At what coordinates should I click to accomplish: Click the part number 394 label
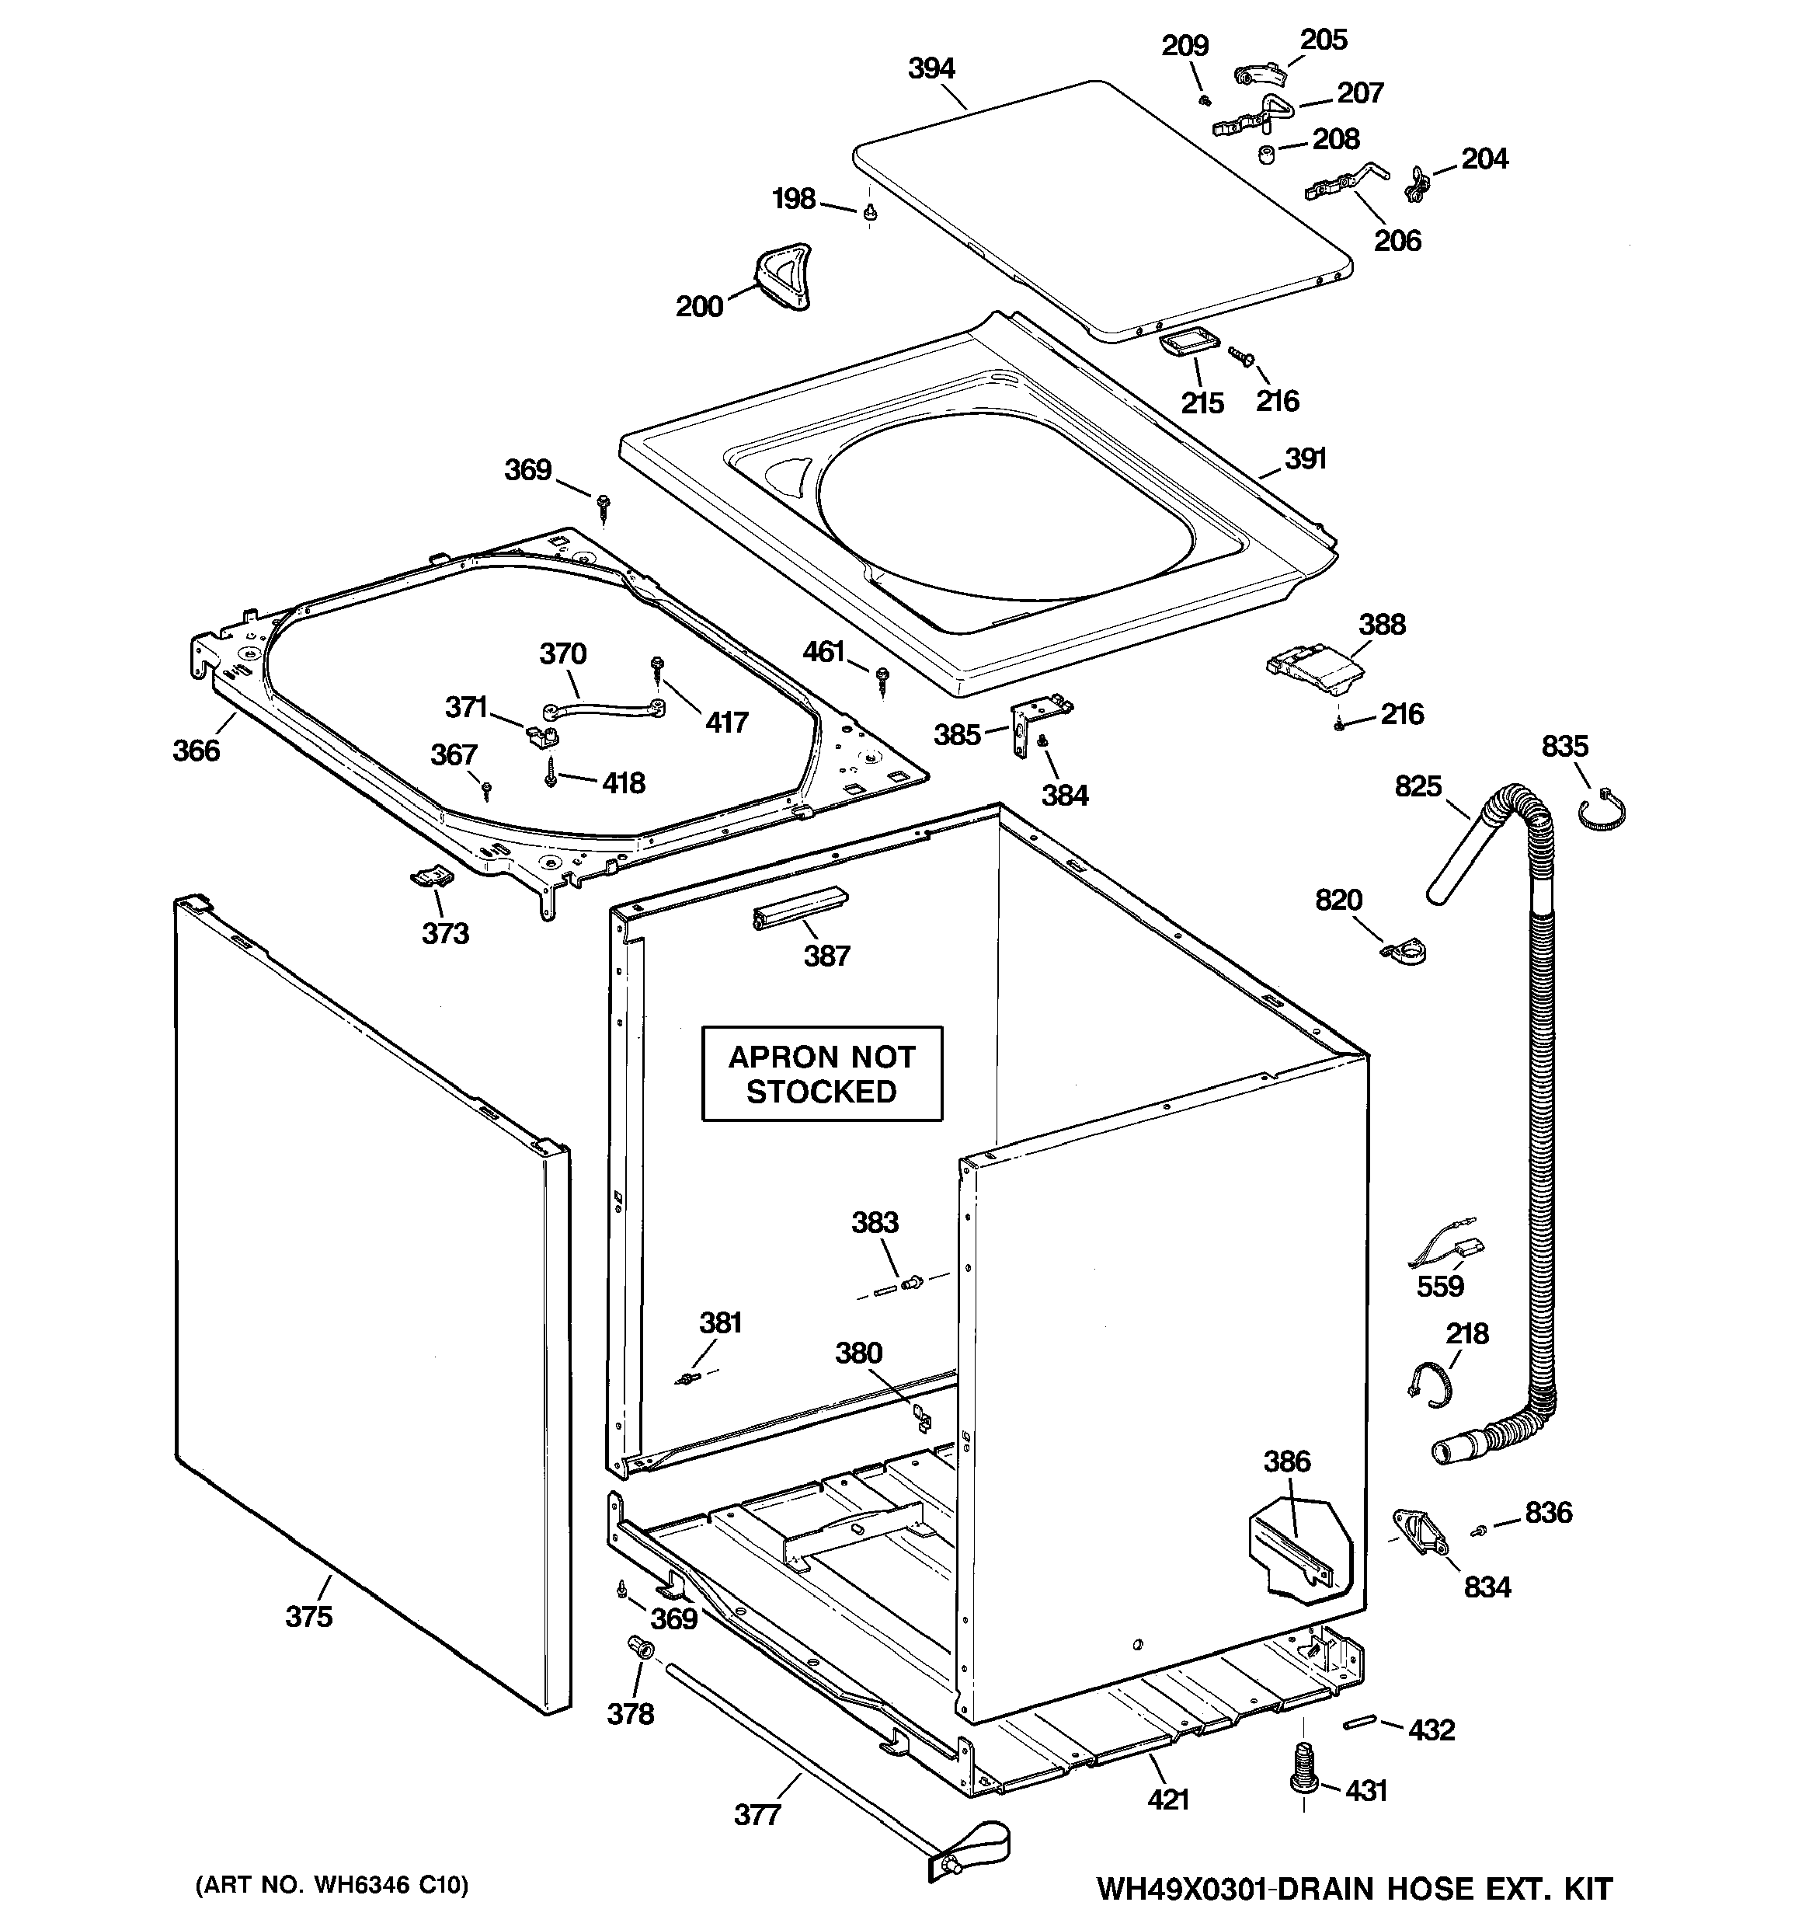click(931, 68)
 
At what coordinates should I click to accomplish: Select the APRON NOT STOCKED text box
click(821, 1074)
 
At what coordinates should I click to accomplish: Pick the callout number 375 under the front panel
click(308, 1616)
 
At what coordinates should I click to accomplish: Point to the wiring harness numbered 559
click(1444, 1252)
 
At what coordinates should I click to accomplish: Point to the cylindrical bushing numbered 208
click(1265, 154)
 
